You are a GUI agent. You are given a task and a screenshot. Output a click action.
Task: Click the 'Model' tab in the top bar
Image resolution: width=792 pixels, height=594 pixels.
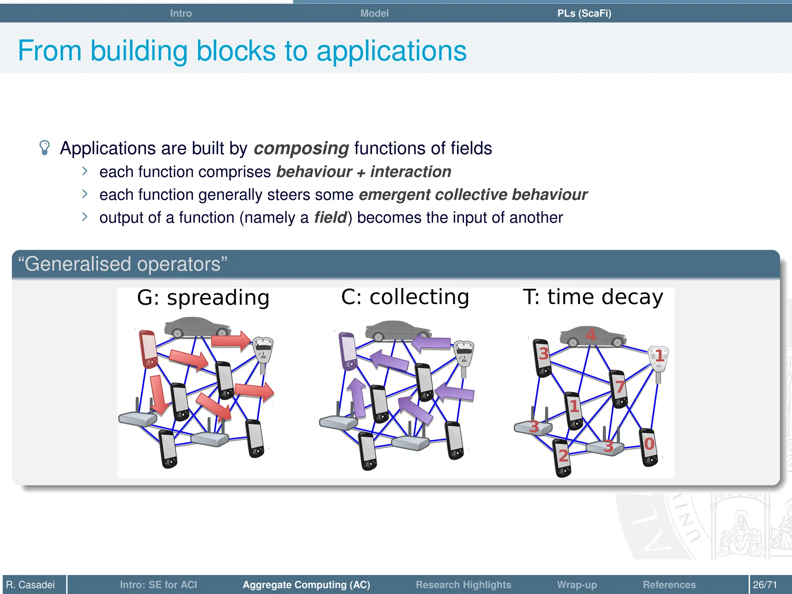tap(374, 13)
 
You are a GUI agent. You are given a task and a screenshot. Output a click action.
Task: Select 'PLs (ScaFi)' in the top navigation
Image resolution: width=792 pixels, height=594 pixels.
tap(584, 13)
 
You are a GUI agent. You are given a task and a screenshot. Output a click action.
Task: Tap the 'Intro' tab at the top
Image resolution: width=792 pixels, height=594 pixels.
tap(181, 13)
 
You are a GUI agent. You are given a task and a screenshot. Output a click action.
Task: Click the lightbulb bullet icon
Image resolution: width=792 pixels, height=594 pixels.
tap(45, 148)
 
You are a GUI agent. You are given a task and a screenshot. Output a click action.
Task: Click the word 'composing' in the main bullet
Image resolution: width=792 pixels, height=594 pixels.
tap(301, 148)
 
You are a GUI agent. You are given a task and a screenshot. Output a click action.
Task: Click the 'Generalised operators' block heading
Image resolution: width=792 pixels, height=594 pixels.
tap(123, 264)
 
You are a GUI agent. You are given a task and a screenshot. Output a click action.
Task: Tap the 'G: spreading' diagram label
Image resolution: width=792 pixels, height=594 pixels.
tap(203, 298)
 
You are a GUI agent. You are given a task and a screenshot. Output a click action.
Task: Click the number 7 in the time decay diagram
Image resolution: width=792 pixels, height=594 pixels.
tap(620, 387)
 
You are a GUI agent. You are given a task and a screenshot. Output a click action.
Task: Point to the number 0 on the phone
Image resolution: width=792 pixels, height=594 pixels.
tap(649, 444)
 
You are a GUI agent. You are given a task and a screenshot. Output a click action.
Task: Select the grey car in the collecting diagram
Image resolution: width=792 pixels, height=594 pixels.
tap(398, 330)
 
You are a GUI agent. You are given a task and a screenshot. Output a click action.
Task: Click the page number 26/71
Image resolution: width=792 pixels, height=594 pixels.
tap(765, 584)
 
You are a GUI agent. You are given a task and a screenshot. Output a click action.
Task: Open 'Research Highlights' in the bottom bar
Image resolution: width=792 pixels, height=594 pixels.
tap(463, 584)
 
